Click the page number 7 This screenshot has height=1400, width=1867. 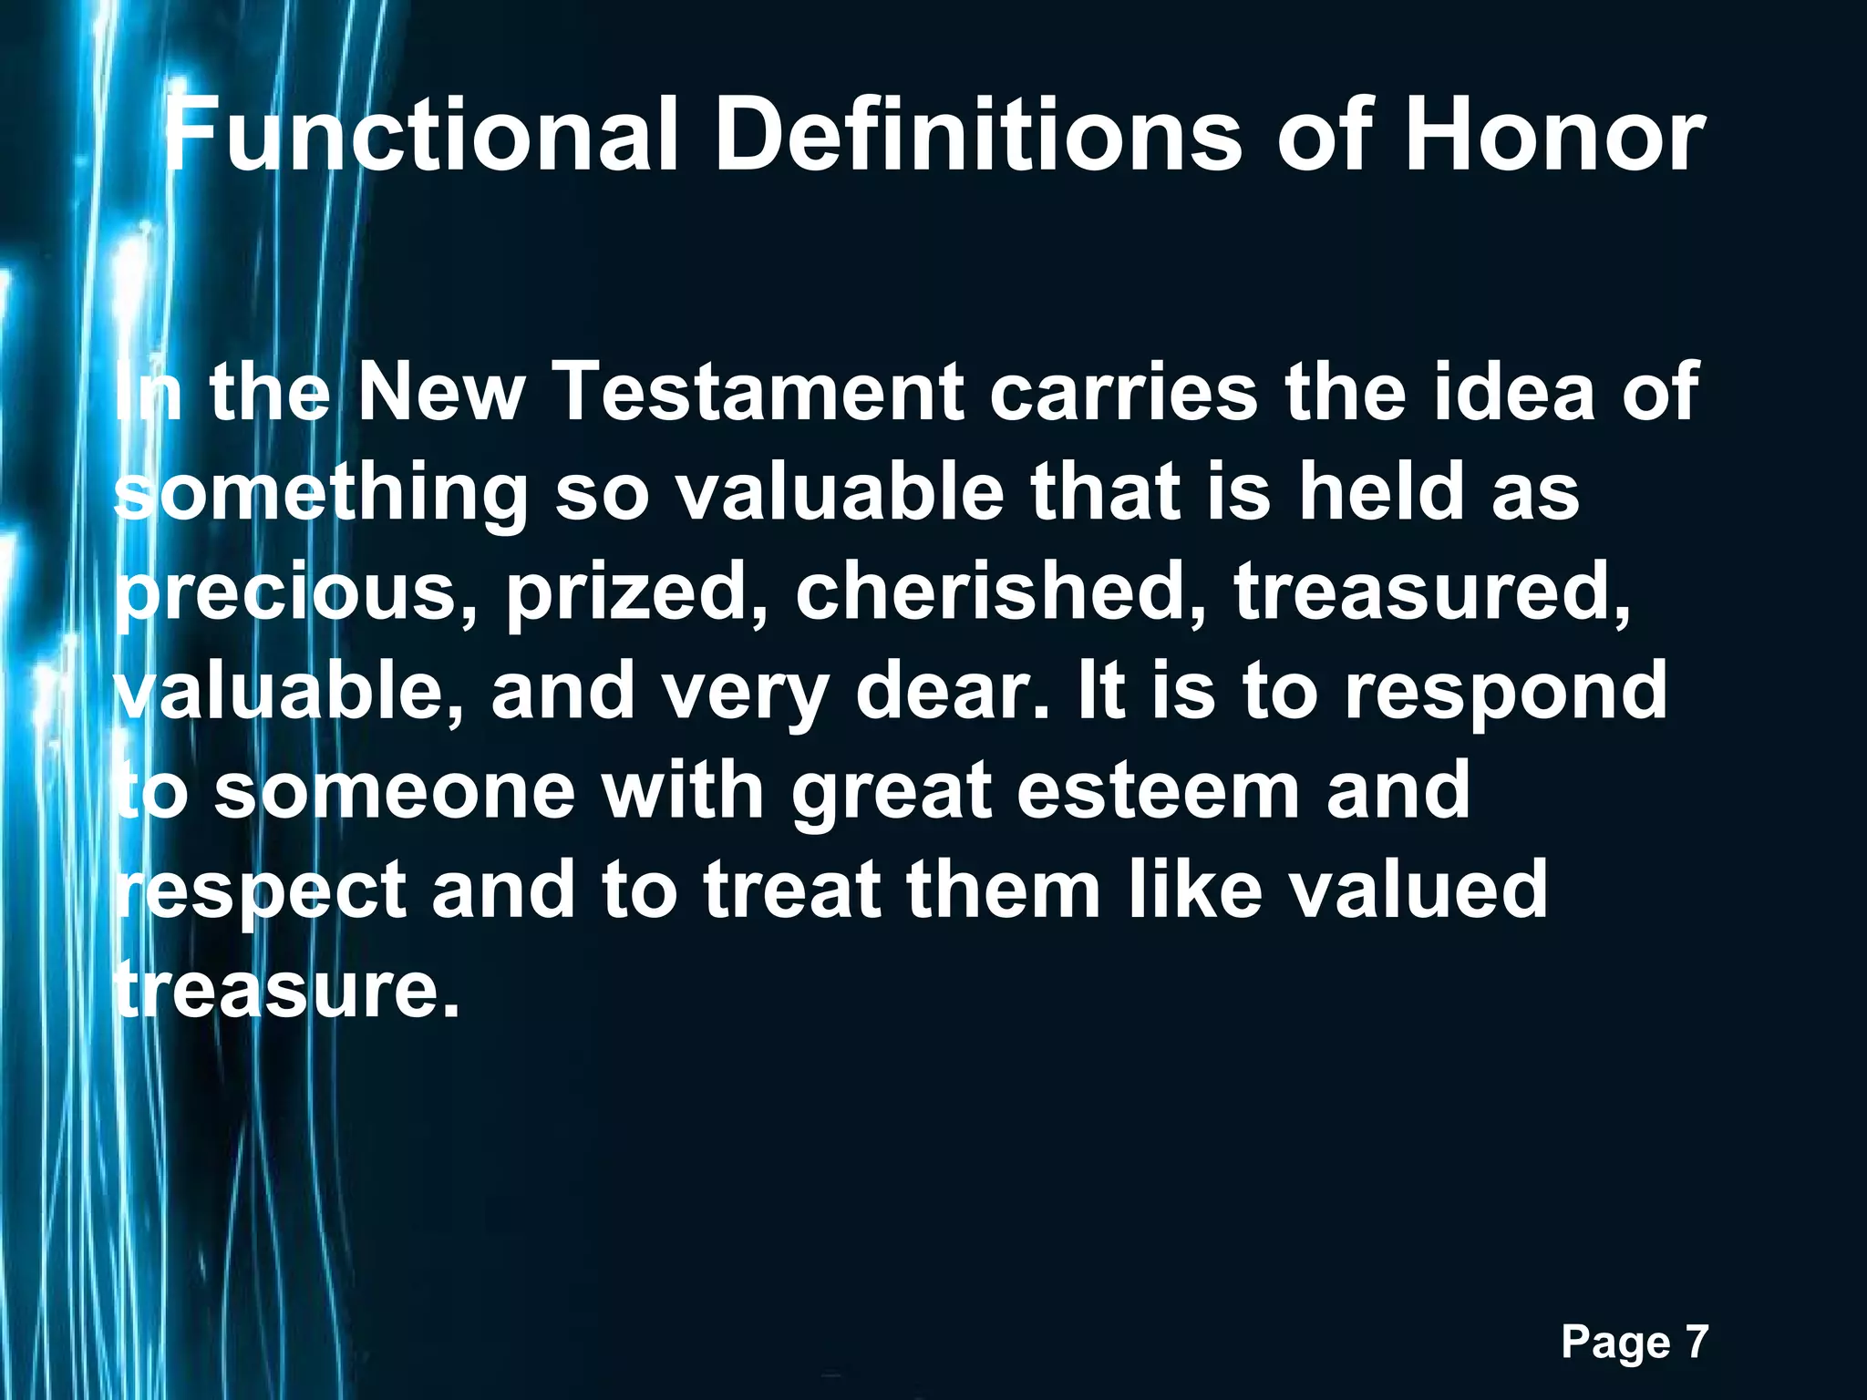1695,1342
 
